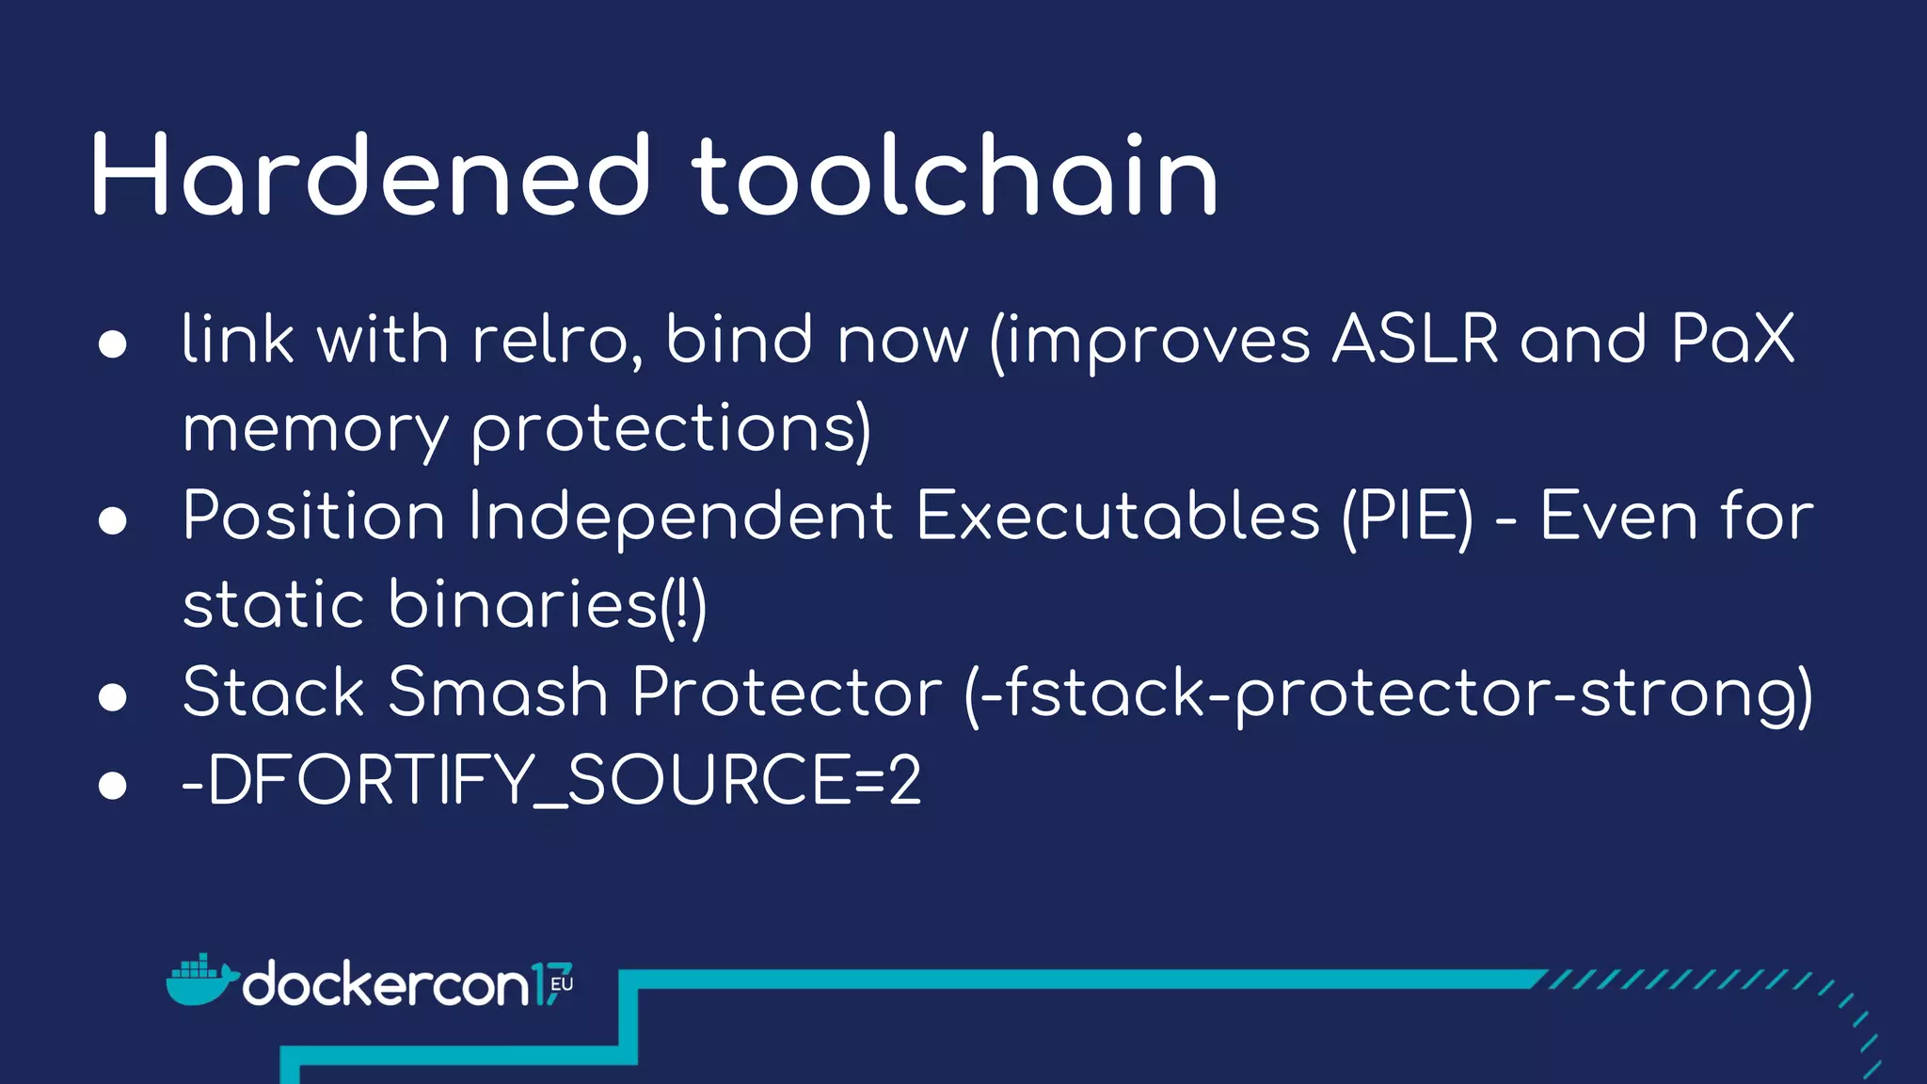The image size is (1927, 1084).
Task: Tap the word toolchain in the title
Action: click(x=954, y=176)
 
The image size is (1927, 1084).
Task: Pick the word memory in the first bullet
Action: click(x=315, y=430)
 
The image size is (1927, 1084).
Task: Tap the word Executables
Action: click(x=1118, y=517)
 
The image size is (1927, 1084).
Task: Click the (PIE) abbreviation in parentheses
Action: click(x=1407, y=517)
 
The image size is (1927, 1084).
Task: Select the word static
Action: click(x=273, y=604)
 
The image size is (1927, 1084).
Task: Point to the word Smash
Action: click(x=498, y=693)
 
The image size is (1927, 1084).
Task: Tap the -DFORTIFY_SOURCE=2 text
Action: click(x=551, y=780)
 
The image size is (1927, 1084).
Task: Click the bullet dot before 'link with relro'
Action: click(x=113, y=343)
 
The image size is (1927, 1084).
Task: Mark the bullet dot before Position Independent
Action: click(x=113, y=520)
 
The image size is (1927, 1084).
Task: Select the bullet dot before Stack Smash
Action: click(x=113, y=696)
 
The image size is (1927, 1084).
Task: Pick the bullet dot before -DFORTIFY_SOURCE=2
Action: click(x=113, y=785)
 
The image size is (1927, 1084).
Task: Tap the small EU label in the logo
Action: click(x=562, y=984)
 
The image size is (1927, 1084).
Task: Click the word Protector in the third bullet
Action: click(x=787, y=693)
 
